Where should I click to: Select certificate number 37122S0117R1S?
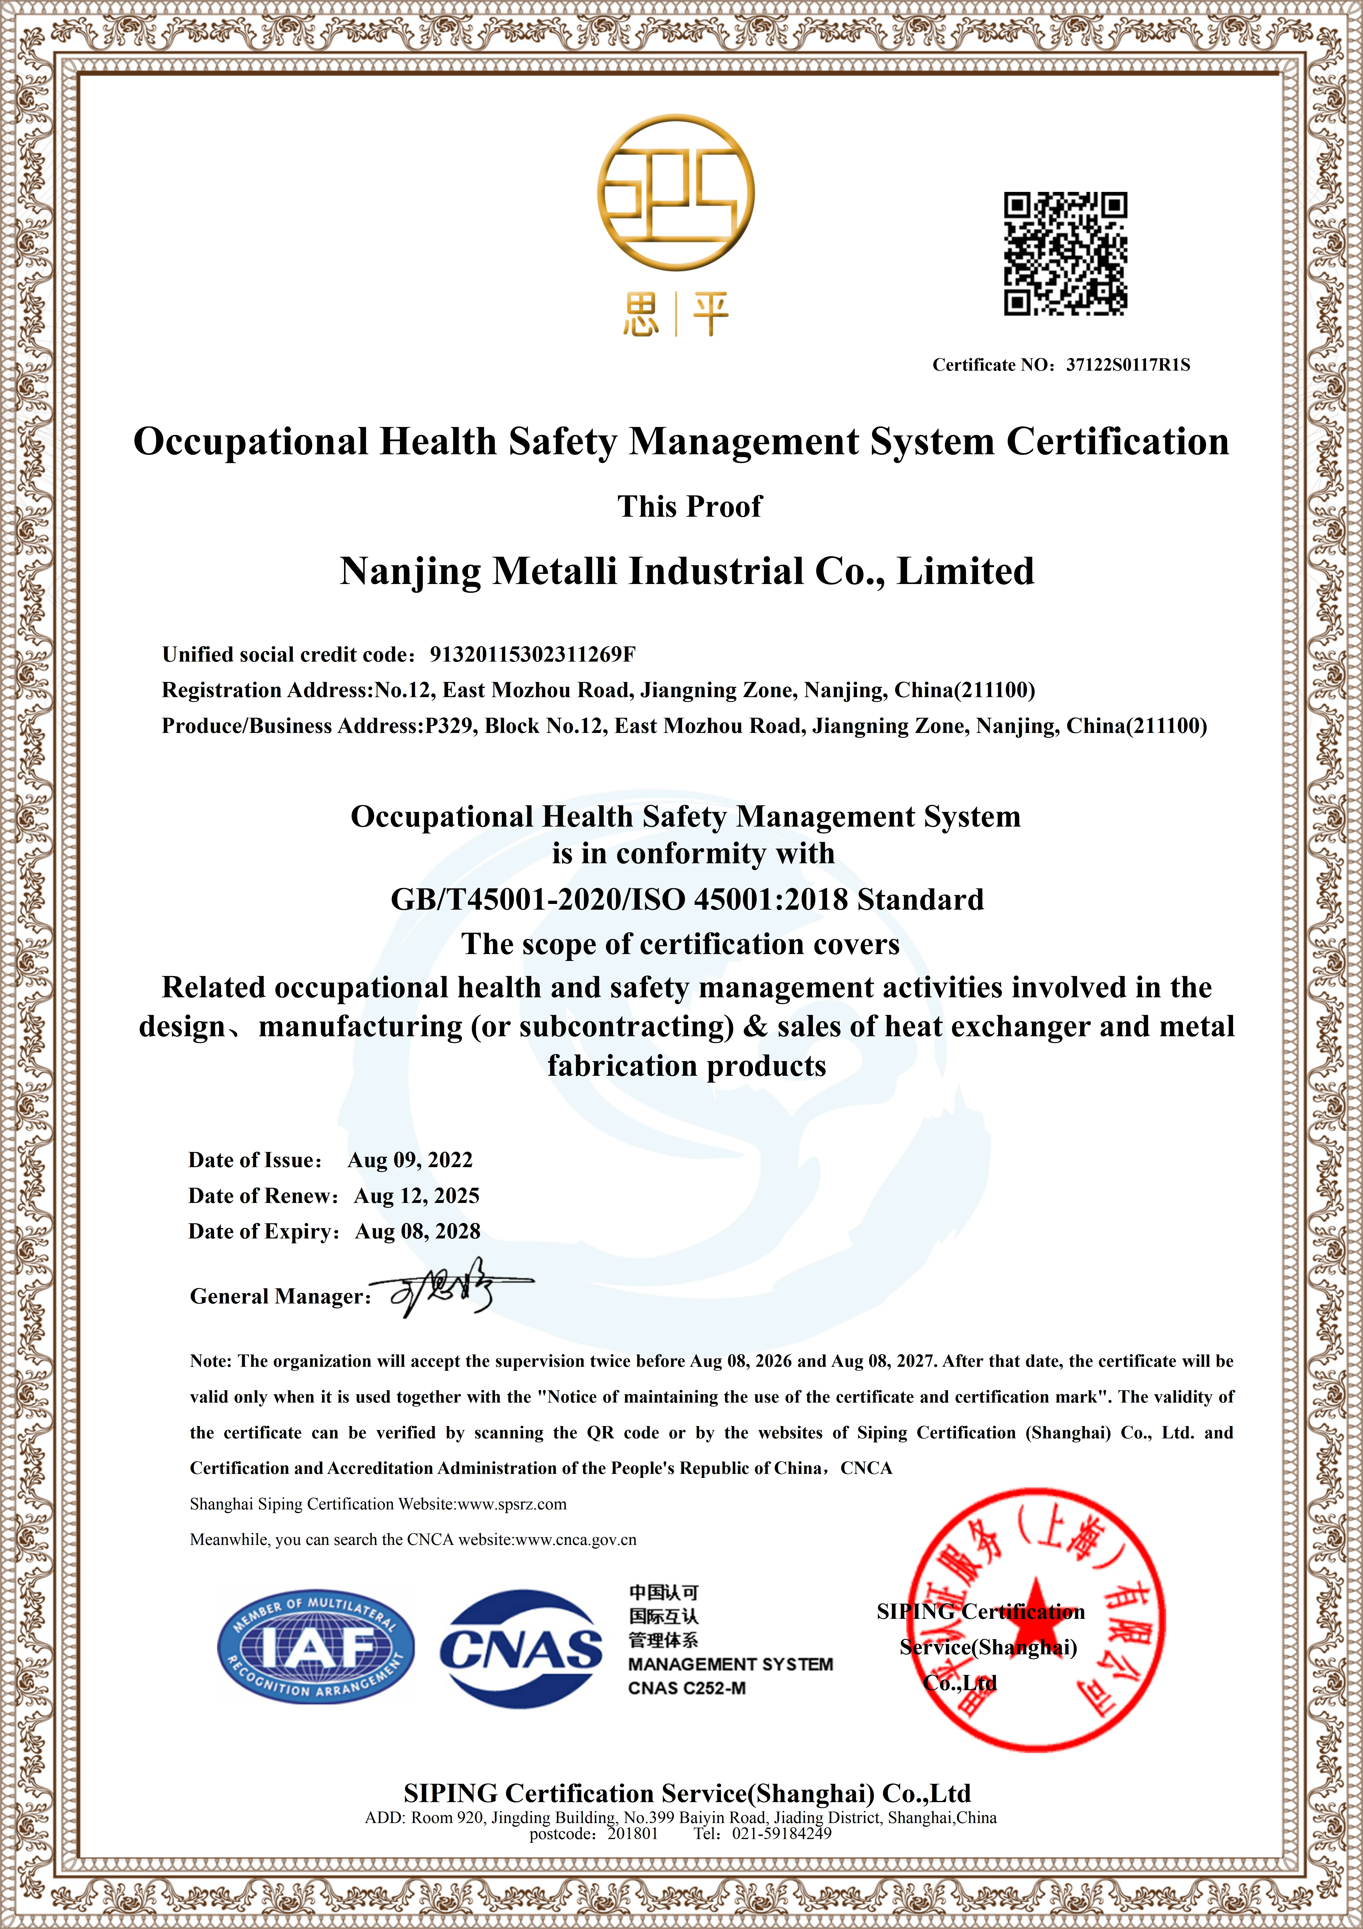(1128, 365)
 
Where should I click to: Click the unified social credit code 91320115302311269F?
(532, 654)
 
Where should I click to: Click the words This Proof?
(690, 507)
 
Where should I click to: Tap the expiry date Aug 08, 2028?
(417, 1232)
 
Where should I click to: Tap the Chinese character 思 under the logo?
(641, 315)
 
